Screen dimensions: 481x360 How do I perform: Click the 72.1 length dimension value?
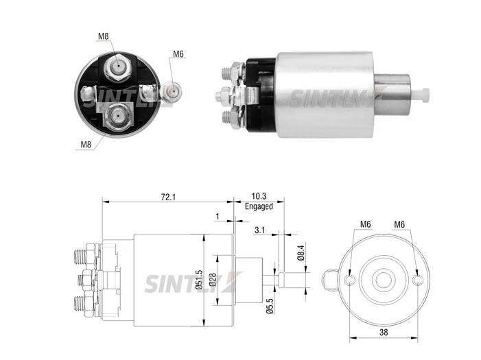click(168, 197)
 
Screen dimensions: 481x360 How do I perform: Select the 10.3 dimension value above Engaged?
click(259, 196)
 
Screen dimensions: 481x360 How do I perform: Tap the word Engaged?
click(259, 206)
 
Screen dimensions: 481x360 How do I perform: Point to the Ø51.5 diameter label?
click(199, 280)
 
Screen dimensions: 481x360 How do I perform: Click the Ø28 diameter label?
click(213, 280)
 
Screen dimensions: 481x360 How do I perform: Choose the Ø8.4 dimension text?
click(301, 252)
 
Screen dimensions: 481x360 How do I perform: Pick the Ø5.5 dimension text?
click(270, 306)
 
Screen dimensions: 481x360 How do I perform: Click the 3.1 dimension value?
click(259, 230)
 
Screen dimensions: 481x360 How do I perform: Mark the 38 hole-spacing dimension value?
click(384, 332)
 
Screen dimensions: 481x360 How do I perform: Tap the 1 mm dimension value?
click(218, 217)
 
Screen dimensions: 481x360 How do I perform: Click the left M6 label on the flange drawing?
click(365, 224)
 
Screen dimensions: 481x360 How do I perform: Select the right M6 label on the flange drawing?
click(399, 224)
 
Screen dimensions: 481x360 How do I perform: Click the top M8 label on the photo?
click(104, 36)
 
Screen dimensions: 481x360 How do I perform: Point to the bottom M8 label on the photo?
click(86, 144)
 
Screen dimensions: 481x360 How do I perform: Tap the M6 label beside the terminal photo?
click(178, 54)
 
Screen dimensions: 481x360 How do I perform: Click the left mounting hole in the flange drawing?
click(350, 280)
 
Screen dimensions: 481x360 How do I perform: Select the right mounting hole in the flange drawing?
click(417, 280)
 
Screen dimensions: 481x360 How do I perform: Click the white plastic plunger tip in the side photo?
click(420, 95)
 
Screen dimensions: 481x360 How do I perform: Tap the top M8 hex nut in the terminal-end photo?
click(118, 67)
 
